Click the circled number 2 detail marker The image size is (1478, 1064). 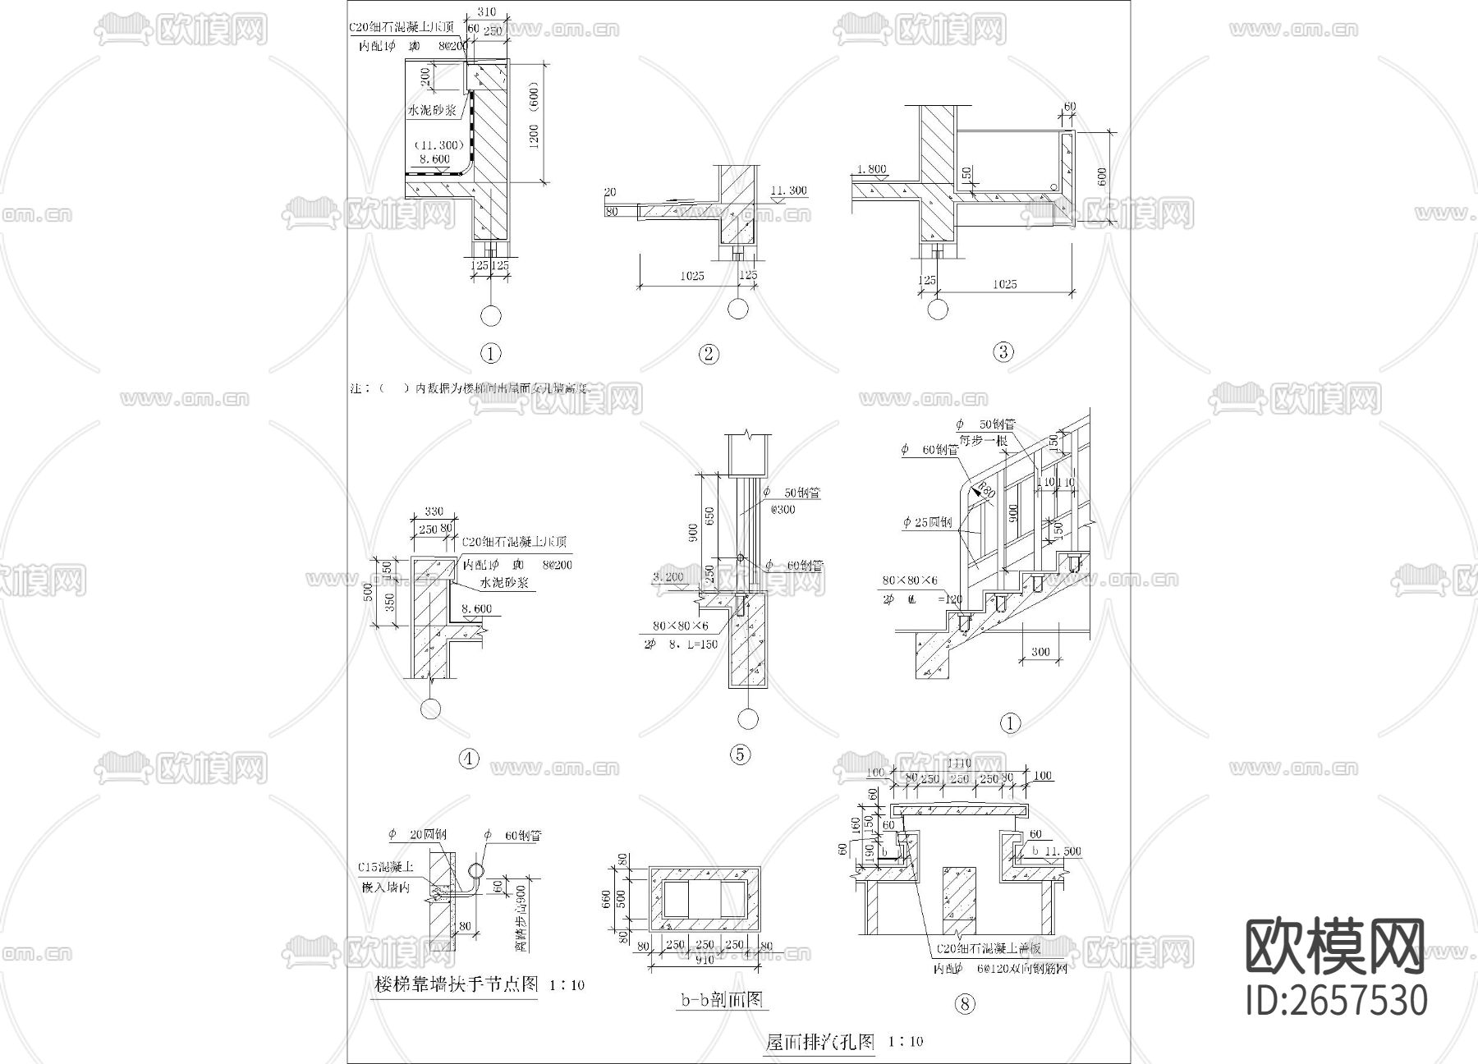pos(708,355)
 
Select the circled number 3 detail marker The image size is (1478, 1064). pos(1003,352)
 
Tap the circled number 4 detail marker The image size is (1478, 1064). pos(469,759)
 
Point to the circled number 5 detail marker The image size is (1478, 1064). pos(740,754)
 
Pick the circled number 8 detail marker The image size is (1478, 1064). pos(966,1003)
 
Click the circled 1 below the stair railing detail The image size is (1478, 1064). pos(1010,722)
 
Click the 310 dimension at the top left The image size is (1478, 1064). pos(487,12)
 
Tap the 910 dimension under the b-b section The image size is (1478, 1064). pos(704,957)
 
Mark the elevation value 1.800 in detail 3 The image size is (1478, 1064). pos(871,170)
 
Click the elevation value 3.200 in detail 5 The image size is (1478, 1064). pos(668,577)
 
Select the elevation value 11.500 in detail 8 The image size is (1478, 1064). pos(1063,851)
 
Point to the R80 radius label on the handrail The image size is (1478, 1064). pos(984,492)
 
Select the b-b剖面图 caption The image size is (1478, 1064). pos(722,999)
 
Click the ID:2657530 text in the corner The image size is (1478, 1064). pos(1336,1000)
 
